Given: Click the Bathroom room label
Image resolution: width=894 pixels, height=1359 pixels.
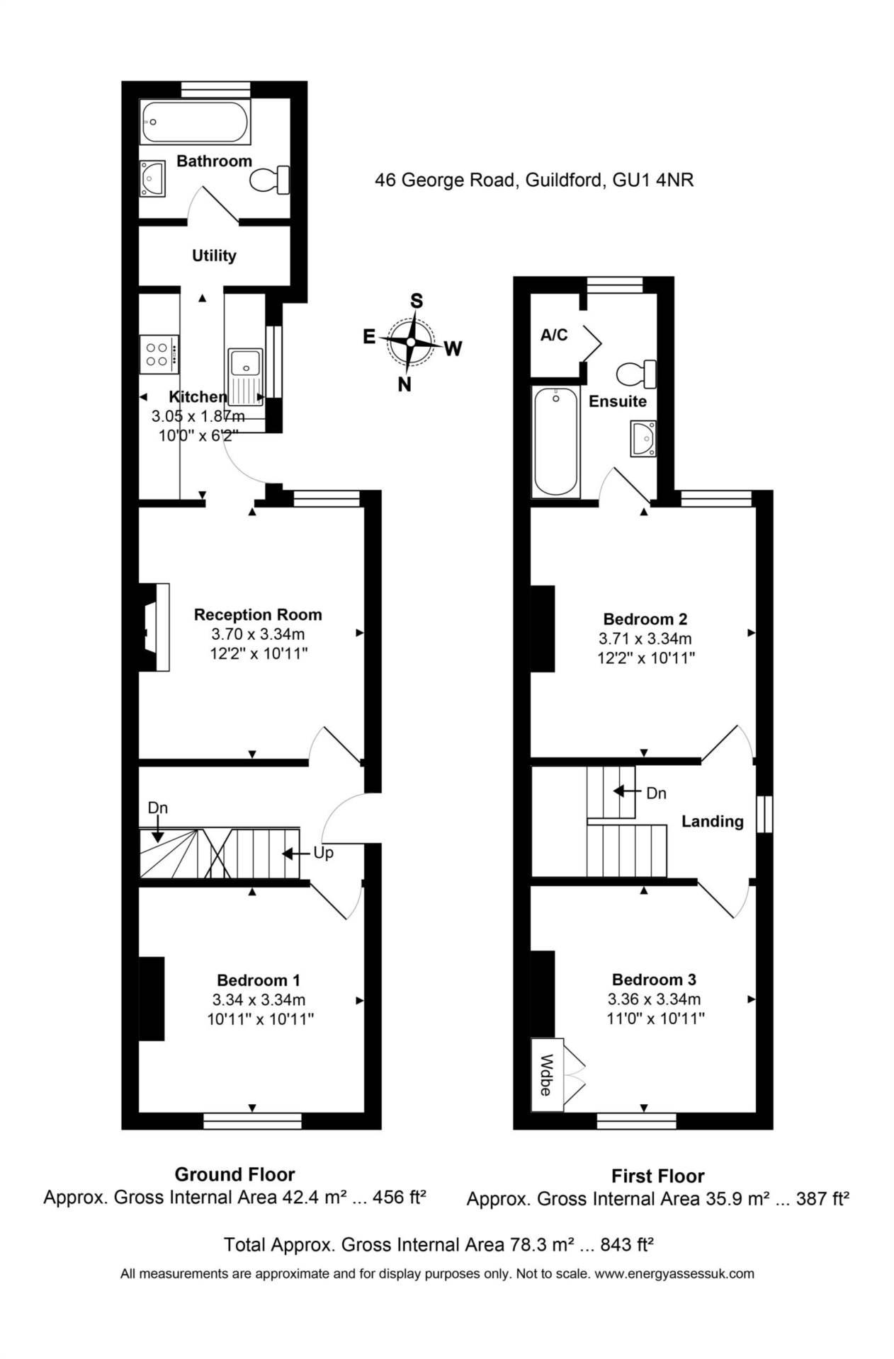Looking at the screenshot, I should (214, 161).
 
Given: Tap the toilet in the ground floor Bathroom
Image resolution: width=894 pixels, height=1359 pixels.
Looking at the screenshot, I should (270, 180).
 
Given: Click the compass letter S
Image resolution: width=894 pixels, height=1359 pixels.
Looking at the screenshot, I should (417, 302).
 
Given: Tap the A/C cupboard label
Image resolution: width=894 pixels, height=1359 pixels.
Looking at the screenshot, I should (554, 335).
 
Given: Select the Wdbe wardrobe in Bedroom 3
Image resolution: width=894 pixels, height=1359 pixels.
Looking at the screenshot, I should (547, 1074).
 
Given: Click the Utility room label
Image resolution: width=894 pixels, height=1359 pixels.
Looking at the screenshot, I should (214, 256).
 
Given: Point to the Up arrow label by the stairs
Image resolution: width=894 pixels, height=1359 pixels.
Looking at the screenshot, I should (323, 853).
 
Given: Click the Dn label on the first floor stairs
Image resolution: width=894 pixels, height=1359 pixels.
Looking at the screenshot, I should (656, 793).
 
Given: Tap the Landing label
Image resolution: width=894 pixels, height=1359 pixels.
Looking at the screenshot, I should (712, 821).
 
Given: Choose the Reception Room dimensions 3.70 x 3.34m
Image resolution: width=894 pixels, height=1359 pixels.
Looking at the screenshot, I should (258, 634).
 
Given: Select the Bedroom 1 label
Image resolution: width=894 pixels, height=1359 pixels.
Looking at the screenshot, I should (258, 980).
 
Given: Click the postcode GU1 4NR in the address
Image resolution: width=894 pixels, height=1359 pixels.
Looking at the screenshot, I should (652, 180).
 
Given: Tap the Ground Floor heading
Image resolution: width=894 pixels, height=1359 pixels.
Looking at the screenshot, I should (234, 1175).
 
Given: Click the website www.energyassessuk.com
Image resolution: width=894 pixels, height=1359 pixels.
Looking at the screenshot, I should (674, 1274).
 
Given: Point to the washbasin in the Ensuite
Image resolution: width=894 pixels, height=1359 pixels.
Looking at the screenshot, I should (643, 439).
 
